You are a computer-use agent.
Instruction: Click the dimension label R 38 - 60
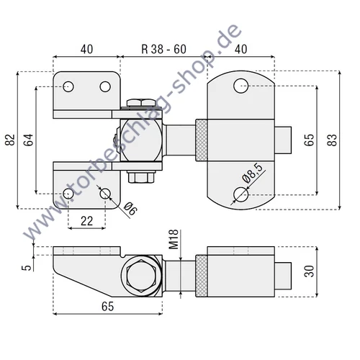(x=163, y=50)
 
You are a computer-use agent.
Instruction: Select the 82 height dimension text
(x=9, y=140)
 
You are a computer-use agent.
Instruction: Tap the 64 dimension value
(x=28, y=140)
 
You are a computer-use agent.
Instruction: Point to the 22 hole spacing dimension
(x=86, y=222)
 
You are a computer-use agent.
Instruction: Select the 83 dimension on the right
(x=332, y=140)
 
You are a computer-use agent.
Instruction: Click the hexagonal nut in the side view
(x=140, y=276)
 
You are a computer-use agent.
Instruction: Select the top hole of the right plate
(x=240, y=87)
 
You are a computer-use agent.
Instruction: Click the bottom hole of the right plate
(x=240, y=193)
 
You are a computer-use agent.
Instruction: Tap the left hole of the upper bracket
(x=68, y=87)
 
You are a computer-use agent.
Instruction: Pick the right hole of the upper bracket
(x=105, y=87)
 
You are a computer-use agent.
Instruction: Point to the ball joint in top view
(x=140, y=140)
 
